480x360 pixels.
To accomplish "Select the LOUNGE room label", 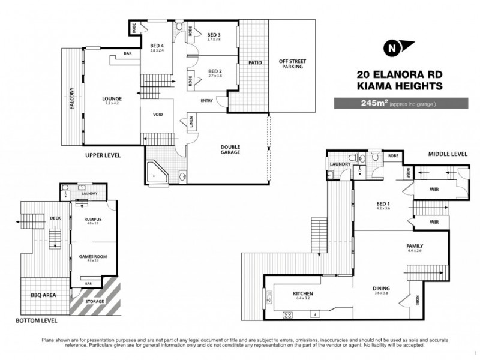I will click(112, 99).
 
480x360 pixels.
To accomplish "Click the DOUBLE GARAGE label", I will click(230, 149).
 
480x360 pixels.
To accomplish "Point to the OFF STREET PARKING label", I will click(291, 64).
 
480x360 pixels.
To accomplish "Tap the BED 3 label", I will click(215, 35).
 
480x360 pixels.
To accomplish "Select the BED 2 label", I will click(215, 71).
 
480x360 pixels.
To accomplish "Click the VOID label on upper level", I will click(158, 115).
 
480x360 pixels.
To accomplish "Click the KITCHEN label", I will click(302, 293).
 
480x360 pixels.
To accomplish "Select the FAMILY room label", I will click(415, 246).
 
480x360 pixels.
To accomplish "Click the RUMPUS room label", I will click(92, 220).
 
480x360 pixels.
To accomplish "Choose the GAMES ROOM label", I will click(92, 256).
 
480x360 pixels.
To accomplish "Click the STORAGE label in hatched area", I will click(95, 301).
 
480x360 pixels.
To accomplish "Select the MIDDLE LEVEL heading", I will click(448, 154).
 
